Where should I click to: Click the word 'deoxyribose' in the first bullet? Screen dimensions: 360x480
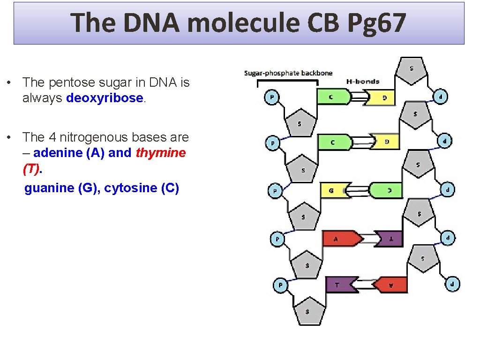tap(105, 98)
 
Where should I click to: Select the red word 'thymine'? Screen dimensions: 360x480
tap(161, 153)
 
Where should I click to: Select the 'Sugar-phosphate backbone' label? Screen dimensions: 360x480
tap(288, 73)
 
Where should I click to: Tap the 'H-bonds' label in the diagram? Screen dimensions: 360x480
tap(362, 81)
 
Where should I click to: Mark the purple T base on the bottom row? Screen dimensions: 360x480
tap(338, 285)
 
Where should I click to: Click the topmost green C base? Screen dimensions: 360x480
tap(334, 97)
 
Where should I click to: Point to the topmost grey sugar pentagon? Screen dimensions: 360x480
tap(411, 70)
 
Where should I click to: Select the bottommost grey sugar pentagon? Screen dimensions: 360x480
tap(307, 310)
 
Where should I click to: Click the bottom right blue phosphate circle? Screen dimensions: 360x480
tap(452, 284)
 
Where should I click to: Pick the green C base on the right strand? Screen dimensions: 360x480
tap(386, 190)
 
